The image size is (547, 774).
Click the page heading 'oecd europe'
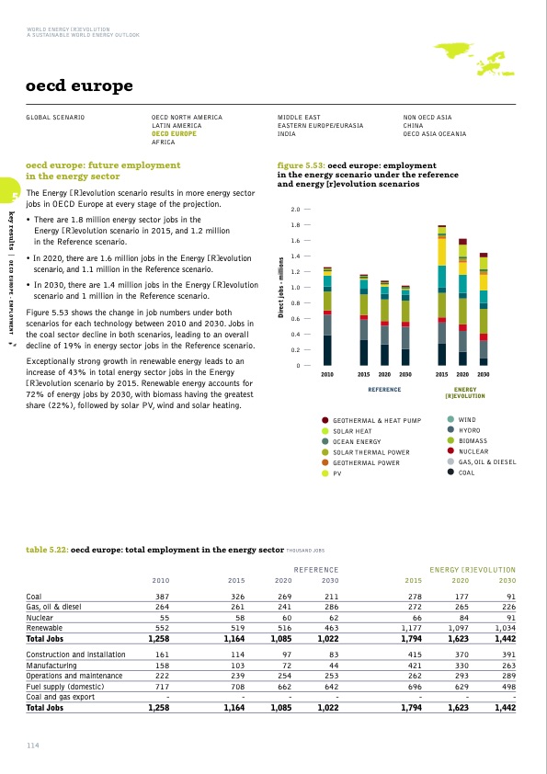pos(81,87)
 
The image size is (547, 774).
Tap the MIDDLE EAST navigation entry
pos(299,118)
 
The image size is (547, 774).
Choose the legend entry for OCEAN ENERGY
pos(357,441)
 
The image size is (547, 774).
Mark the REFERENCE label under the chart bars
pos(384,389)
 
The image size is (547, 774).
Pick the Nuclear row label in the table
pos(42,617)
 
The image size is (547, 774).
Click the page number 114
pos(34,744)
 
